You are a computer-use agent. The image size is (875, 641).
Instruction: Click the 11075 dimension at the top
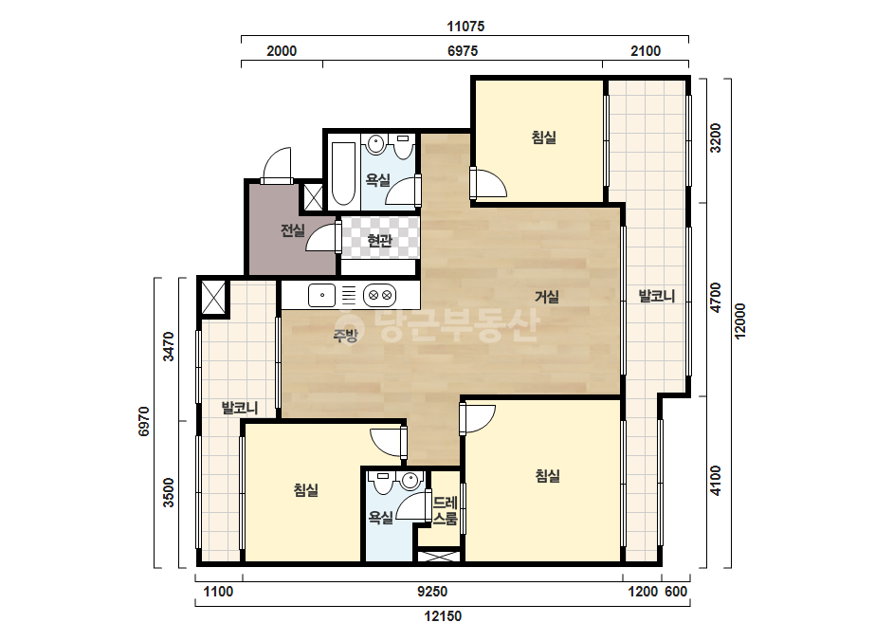[x=465, y=27]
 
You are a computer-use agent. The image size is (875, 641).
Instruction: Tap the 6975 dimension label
[x=463, y=51]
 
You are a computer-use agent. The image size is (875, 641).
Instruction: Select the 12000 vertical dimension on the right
[x=739, y=321]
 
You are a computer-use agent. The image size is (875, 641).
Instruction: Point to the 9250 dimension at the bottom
[x=432, y=592]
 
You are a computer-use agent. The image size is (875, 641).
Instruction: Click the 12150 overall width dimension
[x=443, y=616]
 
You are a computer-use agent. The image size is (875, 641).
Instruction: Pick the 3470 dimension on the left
[x=168, y=346]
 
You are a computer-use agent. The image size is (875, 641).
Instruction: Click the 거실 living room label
[x=547, y=297]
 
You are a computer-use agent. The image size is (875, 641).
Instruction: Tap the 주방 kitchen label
[x=345, y=335]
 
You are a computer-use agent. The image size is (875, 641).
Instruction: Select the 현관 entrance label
[x=379, y=241]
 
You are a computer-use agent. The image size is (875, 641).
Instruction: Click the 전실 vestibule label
[x=292, y=230]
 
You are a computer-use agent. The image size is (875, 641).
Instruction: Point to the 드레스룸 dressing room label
[x=446, y=510]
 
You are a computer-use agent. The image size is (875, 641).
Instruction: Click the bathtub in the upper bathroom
[x=343, y=174]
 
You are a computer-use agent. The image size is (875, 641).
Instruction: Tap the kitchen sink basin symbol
[x=322, y=296]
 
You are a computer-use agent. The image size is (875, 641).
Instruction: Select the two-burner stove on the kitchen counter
[x=380, y=296]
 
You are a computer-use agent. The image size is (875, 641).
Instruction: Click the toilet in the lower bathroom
[x=383, y=483]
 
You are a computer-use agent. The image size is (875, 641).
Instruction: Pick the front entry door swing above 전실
[x=278, y=165]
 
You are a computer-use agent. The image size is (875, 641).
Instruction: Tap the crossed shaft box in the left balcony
[x=213, y=298]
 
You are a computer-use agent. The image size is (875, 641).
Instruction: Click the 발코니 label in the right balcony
[x=657, y=296]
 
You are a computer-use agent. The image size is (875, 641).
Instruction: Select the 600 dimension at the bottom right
[x=676, y=592]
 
